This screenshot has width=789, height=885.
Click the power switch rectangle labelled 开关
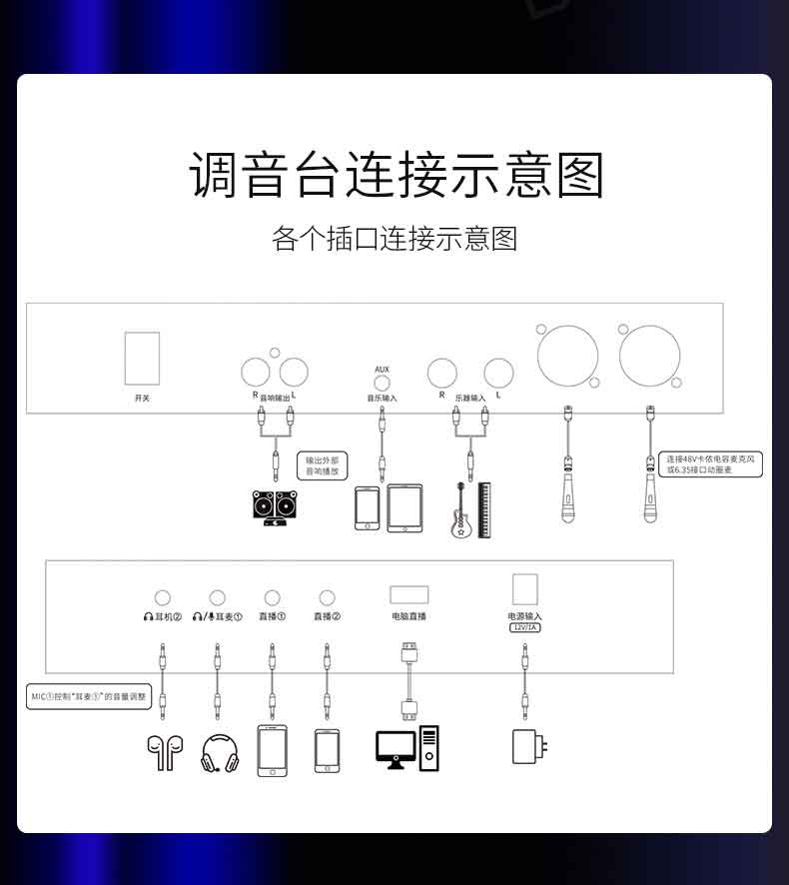(x=142, y=358)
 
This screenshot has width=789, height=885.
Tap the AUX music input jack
(x=382, y=385)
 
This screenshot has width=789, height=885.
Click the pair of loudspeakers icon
(x=275, y=506)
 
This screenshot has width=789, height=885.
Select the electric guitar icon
(x=461, y=510)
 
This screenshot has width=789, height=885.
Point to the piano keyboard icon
(x=485, y=510)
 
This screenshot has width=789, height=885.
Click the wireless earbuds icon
(x=159, y=751)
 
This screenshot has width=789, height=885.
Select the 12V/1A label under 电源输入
(x=524, y=627)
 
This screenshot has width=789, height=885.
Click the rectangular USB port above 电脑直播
(x=408, y=593)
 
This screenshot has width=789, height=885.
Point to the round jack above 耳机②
(x=162, y=598)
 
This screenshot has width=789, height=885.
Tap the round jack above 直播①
(x=272, y=598)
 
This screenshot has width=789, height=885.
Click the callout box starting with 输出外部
(x=321, y=464)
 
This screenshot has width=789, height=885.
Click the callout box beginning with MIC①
(x=90, y=696)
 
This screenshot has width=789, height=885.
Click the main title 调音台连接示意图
(x=396, y=176)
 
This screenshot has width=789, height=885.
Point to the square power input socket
(x=524, y=587)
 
